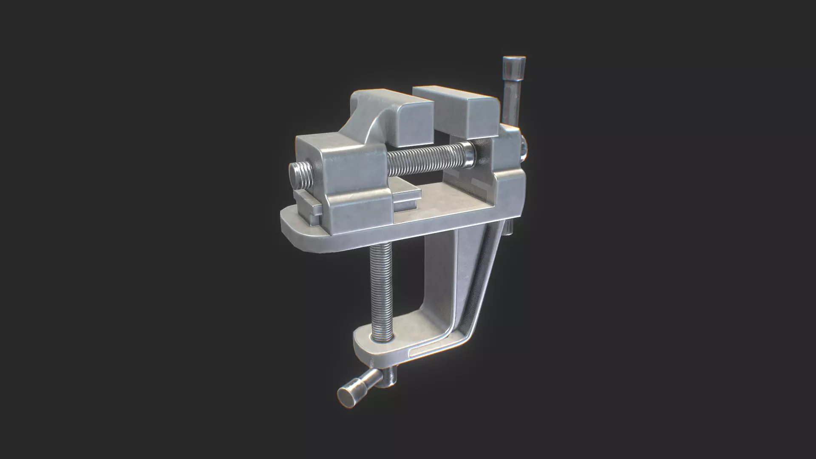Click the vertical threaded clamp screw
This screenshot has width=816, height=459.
tap(381, 289)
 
